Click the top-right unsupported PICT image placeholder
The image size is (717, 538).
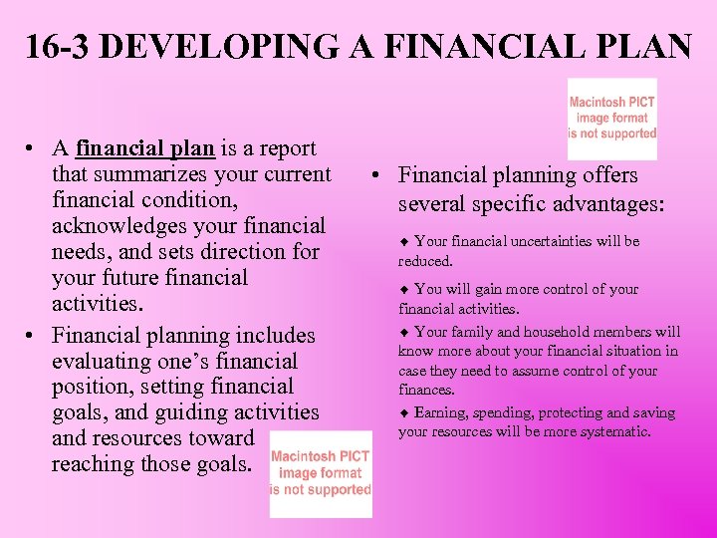coord(612,119)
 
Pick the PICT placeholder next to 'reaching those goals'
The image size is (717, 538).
coord(321,473)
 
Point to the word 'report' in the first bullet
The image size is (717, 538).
coord(285,148)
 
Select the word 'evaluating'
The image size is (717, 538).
coord(105,362)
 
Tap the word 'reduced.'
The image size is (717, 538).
coord(426,261)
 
